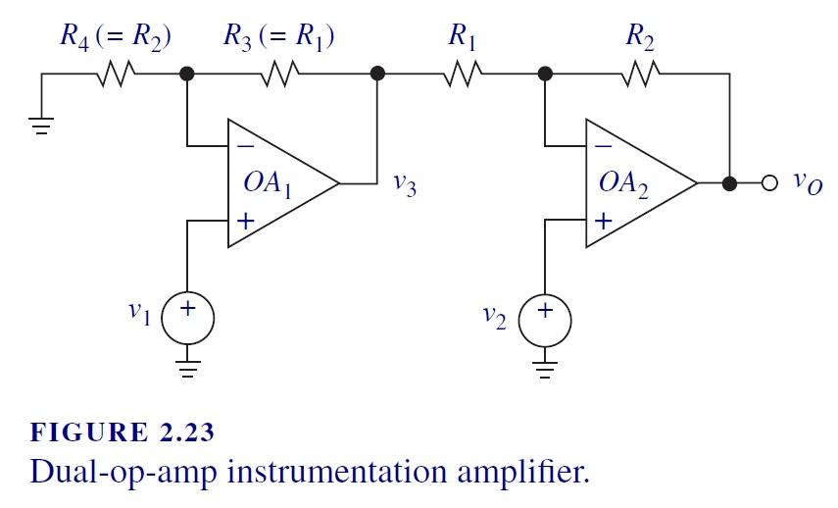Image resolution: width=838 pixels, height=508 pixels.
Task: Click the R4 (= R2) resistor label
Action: (116, 37)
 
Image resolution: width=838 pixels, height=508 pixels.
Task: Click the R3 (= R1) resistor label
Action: (279, 37)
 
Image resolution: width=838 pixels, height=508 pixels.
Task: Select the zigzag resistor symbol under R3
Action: (279, 74)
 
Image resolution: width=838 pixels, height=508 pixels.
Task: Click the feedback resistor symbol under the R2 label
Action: (640, 74)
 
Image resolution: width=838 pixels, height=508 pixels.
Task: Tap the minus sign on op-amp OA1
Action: (244, 146)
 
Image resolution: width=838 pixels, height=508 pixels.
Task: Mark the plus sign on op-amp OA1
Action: (244, 222)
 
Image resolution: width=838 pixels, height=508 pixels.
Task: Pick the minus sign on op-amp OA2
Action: (602, 146)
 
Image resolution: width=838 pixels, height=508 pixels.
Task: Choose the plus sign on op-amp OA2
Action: (602, 222)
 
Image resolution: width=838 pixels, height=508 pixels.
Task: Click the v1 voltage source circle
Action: (187, 319)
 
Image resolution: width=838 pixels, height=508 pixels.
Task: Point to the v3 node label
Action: (404, 185)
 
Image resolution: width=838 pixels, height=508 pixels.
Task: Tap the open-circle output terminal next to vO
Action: (769, 183)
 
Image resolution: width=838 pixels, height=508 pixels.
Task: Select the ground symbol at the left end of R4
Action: (41, 119)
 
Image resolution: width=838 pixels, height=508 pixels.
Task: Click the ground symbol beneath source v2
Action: (545, 370)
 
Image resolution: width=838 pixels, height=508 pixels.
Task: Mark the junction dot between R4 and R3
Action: (187, 74)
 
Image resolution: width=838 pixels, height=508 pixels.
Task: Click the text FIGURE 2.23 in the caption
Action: (123, 432)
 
